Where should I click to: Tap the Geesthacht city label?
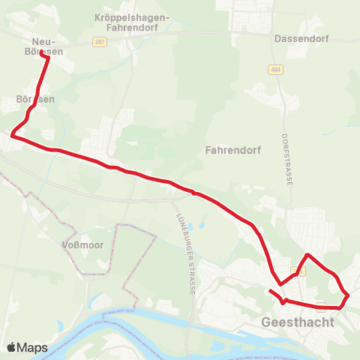tap(295, 322)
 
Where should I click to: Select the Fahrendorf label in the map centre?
tap(232, 149)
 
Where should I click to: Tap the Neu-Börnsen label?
tap(46, 47)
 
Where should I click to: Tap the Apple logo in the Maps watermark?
tap(11, 348)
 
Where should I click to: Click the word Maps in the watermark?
tap(33, 348)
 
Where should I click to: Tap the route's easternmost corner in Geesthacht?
tap(349, 295)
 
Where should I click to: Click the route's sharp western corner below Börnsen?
tap(12, 136)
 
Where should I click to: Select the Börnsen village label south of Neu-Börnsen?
tap(34, 98)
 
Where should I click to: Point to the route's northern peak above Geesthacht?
tap(307, 255)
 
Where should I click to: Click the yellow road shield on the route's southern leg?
tap(321, 305)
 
